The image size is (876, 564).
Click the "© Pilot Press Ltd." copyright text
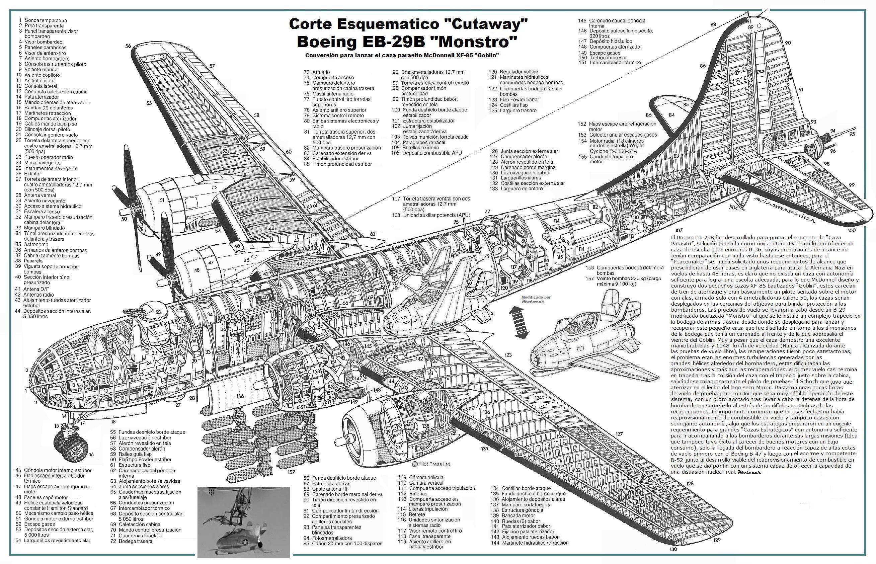coord(431,464)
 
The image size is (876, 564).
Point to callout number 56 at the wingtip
coord(128,46)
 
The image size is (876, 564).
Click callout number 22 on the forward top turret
coord(159,312)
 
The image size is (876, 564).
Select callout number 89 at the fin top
coord(750,27)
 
